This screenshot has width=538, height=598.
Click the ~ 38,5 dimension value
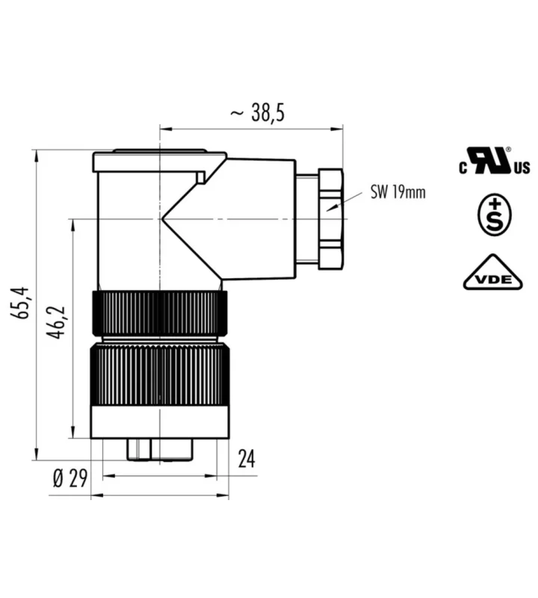[258, 113]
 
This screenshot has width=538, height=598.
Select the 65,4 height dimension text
[19, 303]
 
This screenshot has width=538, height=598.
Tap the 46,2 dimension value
[57, 322]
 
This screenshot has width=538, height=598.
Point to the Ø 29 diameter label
[70, 478]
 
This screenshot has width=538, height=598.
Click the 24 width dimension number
[247, 459]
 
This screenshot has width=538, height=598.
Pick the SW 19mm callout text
[398, 192]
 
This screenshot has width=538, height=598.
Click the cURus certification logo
[494, 161]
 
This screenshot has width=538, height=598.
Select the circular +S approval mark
[494, 215]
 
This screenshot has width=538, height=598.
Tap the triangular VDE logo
[493, 272]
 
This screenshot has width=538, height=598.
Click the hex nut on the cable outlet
[330, 219]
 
